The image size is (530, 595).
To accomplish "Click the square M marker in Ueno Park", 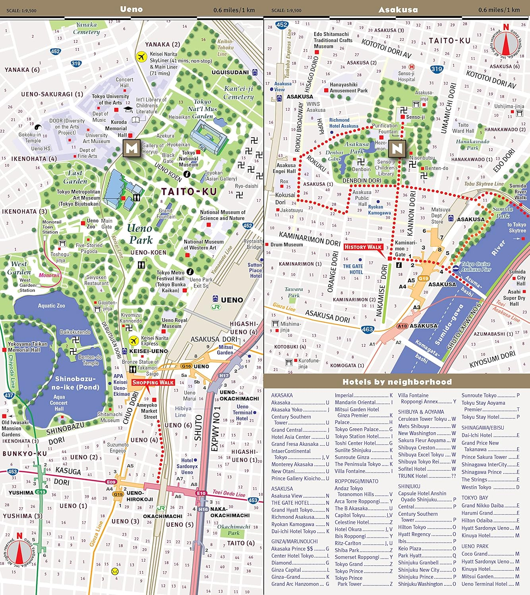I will point(132,148).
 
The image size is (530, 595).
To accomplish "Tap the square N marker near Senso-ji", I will point(397,148).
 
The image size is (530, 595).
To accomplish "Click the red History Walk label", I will point(363,247).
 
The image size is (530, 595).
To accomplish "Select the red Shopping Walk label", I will point(153,382).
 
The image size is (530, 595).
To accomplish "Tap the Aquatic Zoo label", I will point(51,306).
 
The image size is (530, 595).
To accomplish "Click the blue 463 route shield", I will point(368,329).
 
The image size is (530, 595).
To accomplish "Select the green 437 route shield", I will point(9,395).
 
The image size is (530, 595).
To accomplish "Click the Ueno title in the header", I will point(131,9).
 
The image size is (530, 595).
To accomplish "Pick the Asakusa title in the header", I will point(398,10).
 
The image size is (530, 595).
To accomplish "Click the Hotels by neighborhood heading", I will point(397,382).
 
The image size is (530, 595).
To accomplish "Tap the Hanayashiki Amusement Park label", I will point(348,88).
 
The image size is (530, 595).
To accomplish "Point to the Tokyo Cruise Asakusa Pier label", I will point(476,267).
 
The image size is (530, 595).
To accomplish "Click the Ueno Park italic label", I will point(140,234).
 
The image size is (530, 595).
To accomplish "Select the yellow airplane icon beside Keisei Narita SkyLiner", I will point(141,57).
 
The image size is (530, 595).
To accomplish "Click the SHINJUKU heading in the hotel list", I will point(409,486).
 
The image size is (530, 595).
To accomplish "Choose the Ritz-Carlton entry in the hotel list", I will point(348,543).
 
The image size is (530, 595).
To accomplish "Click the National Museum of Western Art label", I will point(203,245).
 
